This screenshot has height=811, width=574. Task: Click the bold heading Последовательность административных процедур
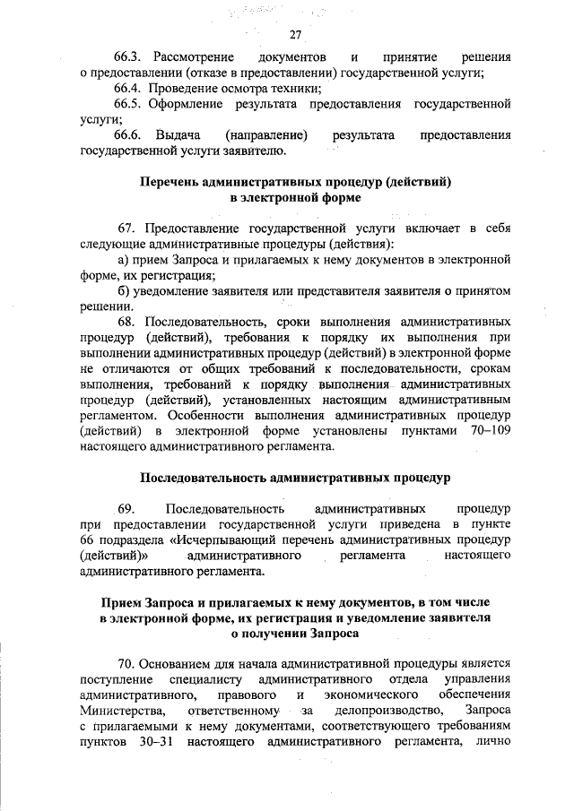pos(295,476)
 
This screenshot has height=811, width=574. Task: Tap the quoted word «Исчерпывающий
pos(212,539)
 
